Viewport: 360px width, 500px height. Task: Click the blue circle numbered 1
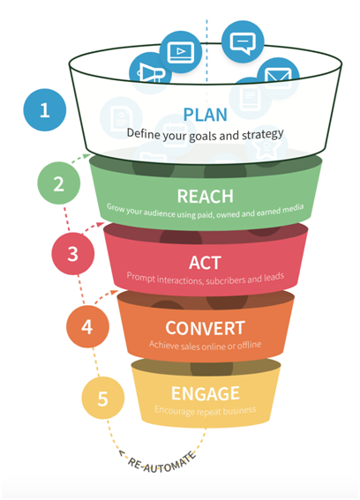point(45,109)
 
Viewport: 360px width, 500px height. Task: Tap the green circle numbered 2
point(59,183)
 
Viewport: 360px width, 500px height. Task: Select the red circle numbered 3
point(72,253)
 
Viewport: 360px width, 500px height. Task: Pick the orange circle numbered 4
point(87,326)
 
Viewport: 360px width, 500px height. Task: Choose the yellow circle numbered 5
point(102,398)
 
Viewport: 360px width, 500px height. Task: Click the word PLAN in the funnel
point(206,115)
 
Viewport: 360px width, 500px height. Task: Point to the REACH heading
point(206,196)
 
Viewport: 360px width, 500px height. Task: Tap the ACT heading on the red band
point(205,263)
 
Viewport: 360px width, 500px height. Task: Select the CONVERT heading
point(206,328)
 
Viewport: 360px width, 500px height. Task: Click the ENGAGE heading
point(206,393)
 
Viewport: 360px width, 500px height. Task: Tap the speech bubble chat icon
point(243,41)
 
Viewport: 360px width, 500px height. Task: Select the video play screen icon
point(181,51)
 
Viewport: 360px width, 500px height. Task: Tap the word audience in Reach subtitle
point(159,213)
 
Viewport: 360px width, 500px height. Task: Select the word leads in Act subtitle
point(274,278)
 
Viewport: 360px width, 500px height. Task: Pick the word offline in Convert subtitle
point(249,345)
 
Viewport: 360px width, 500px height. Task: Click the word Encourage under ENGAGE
point(175,410)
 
